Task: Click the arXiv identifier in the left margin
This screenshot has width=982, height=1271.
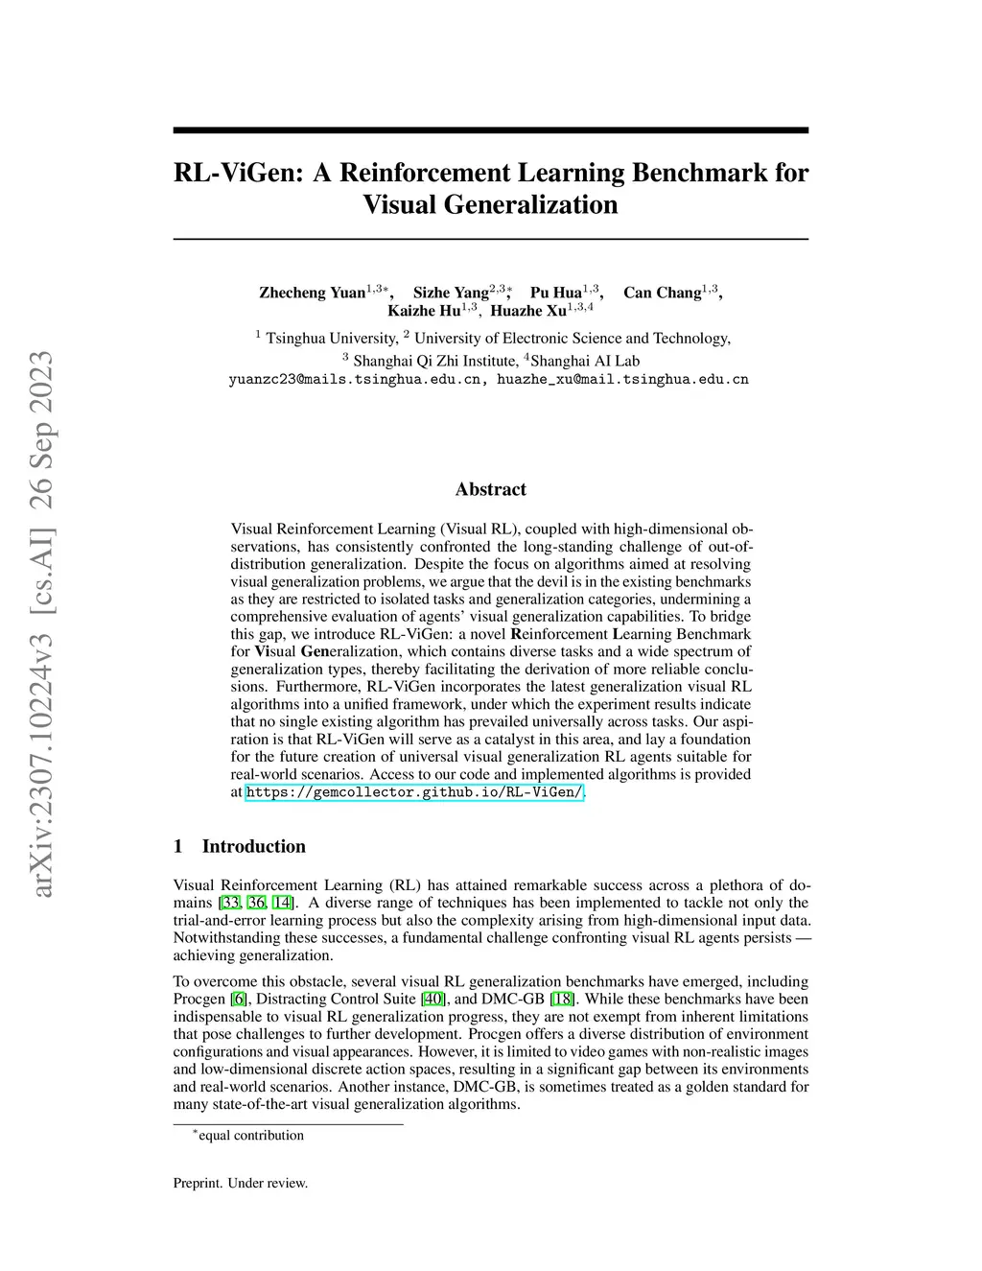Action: (42, 624)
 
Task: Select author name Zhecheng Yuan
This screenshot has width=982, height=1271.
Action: (312, 293)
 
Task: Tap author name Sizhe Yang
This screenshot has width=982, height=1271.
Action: (451, 293)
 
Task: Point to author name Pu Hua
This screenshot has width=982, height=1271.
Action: (556, 293)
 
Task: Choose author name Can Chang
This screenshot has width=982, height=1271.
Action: (662, 293)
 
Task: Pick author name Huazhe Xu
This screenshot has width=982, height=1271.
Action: (528, 311)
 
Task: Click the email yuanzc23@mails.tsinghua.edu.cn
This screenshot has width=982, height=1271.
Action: (359, 380)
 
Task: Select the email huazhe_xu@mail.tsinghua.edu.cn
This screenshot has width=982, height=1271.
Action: (622, 380)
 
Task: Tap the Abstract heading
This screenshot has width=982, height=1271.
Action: (491, 489)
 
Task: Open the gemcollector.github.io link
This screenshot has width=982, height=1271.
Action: (414, 792)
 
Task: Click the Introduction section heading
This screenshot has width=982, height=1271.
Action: (253, 846)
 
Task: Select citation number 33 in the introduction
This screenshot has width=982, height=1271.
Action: (231, 903)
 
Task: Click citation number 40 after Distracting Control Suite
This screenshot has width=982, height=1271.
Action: (433, 1000)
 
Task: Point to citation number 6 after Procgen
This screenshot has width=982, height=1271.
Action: (239, 1000)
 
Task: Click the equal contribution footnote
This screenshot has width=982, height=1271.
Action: (250, 1136)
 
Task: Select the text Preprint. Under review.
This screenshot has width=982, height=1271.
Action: (241, 1184)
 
